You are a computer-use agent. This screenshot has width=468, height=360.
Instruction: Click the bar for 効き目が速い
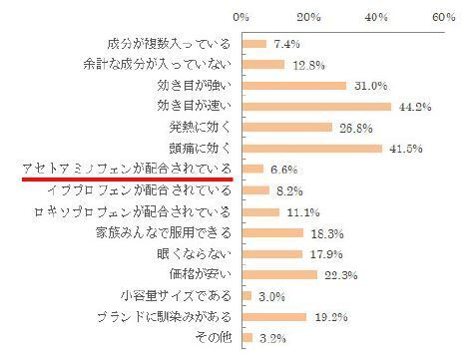(x=315, y=106)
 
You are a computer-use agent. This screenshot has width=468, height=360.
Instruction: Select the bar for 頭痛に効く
(x=311, y=149)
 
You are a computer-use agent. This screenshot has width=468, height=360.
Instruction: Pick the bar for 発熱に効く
(x=286, y=128)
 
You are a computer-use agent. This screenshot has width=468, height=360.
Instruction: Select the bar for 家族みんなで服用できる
(x=271, y=233)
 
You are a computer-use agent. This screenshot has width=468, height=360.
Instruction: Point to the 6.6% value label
(x=283, y=170)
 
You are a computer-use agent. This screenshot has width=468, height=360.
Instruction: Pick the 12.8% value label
(x=303, y=65)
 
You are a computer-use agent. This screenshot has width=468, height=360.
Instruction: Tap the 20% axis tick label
(x=309, y=17)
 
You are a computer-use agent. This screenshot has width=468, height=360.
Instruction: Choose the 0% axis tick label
(x=241, y=17)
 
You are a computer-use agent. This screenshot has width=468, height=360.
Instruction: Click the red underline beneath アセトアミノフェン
(x=128, y=180)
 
